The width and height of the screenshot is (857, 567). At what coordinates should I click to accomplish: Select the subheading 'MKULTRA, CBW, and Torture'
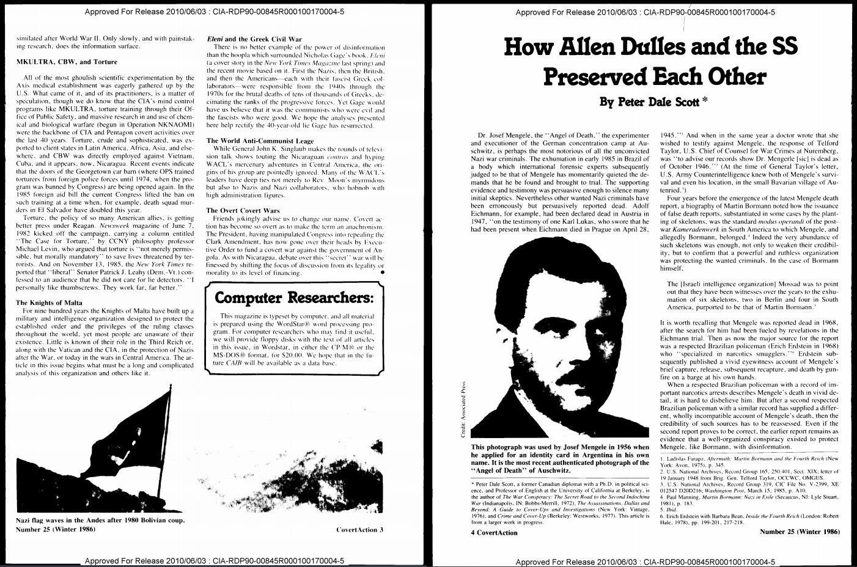[x=67, y=62]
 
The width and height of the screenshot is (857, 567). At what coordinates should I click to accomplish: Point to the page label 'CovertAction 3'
[x=359, y=529]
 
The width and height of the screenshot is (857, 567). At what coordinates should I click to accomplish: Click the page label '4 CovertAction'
[x=494, y=532]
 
